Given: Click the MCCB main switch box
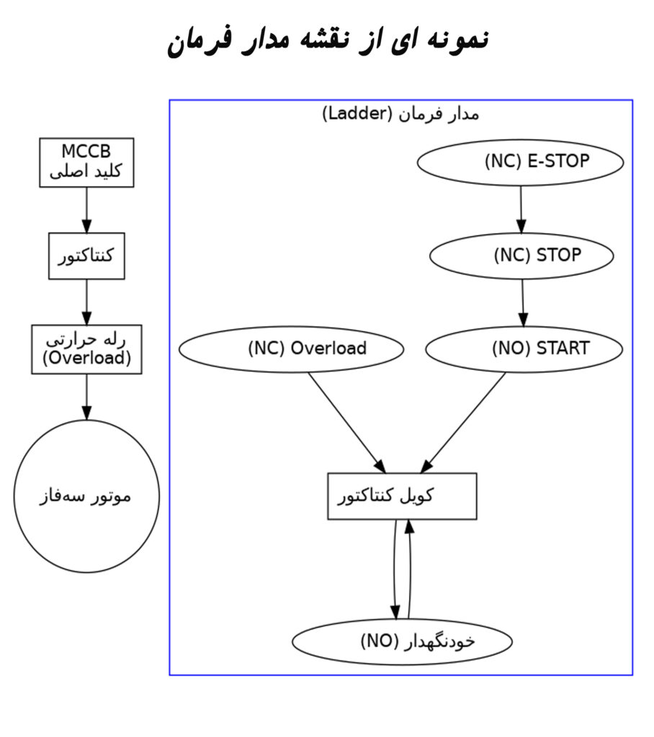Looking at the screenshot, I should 86,162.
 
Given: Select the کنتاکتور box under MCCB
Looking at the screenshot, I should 86,256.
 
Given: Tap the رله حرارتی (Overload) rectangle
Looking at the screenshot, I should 86,349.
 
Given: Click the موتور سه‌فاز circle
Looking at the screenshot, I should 86,497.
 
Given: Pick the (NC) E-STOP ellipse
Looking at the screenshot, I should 520,162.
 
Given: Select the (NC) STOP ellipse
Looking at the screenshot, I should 521,255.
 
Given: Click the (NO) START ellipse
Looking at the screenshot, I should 524,349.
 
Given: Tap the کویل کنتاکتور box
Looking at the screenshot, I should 402,496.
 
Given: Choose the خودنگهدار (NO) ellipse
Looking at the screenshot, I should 402,640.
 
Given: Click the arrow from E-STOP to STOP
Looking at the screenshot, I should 521,209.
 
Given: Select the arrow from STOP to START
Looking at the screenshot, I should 523,302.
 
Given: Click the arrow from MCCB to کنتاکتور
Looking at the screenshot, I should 86,209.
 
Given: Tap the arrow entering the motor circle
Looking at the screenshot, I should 86,397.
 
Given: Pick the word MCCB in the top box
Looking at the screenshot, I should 86,151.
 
